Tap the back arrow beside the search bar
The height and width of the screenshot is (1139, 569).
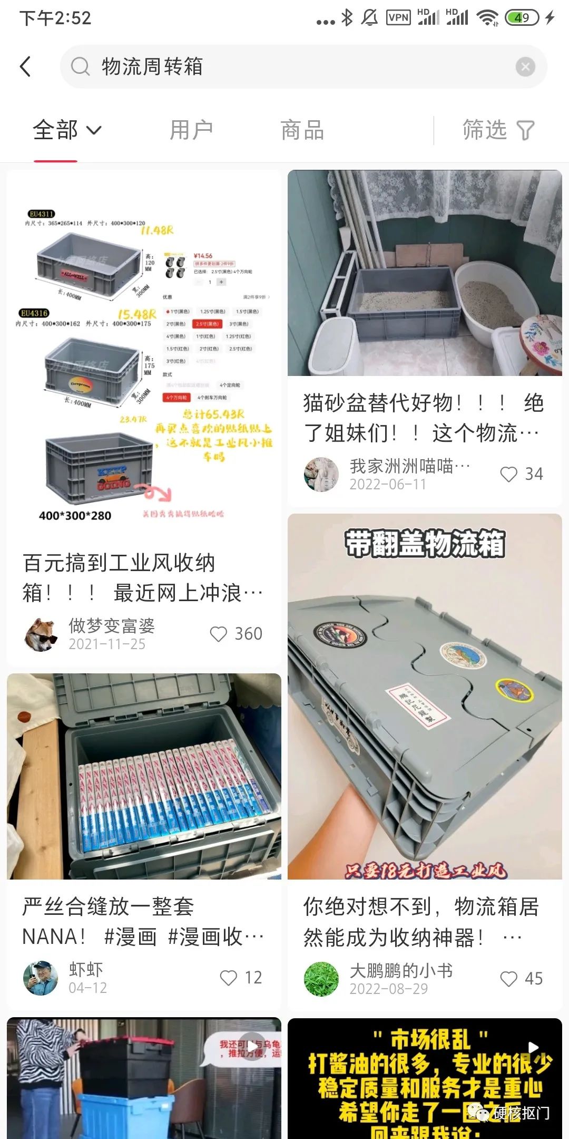pos(25,67)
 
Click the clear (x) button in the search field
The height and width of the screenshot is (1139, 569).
pos(525,67)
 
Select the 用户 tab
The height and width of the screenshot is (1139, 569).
pos(191,130)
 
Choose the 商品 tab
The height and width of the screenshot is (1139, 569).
pos(302,130)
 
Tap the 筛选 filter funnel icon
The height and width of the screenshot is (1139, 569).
pos(525,130)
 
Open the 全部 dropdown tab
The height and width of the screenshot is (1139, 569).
pos(66,130)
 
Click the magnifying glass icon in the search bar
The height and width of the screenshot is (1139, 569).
pos(80,67)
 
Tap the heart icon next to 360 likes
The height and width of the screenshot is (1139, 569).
pos(218,634)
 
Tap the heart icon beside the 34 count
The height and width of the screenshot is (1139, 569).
pos(508,474)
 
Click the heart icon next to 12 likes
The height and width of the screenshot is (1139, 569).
pos(228,978)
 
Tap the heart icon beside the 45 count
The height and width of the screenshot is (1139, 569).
pos(508,979)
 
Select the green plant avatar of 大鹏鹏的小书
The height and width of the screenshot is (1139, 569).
pos(321,979)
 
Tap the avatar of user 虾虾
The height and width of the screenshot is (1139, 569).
pos(41,978)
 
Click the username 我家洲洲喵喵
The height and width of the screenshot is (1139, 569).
pos(409,466)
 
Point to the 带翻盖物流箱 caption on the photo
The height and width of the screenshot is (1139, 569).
pos(425,544)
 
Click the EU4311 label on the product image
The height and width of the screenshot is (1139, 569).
pos(41,214)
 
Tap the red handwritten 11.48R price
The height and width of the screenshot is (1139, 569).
pos(157,230)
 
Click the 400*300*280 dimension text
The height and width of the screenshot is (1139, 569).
pos(75,516)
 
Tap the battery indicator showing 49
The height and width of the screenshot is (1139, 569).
pos(521,18)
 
